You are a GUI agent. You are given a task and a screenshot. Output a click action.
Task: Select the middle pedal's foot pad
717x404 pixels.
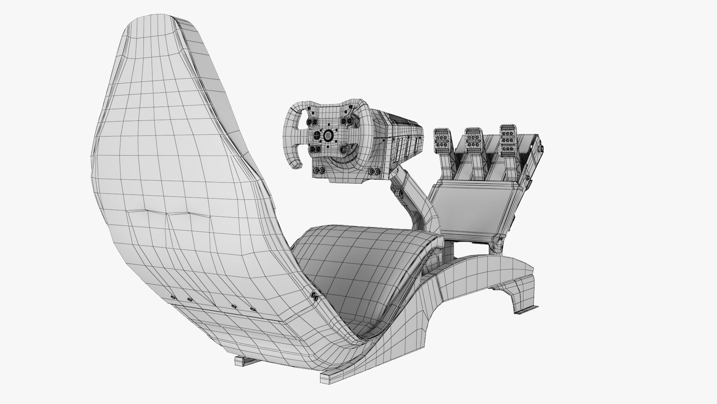click(473, 138)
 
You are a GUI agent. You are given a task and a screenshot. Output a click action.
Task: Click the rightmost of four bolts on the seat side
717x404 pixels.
click(253, 309)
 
